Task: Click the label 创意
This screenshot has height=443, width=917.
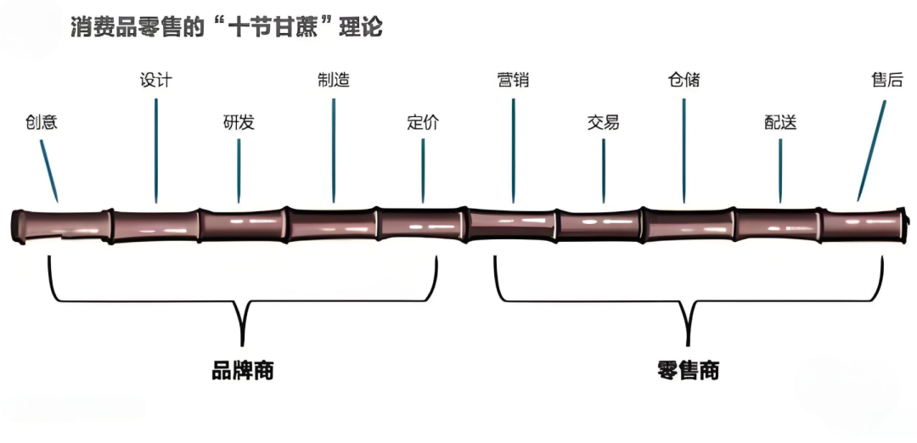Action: [41, 122]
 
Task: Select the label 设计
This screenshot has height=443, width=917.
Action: [155, 81]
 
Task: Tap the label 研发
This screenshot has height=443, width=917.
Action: [239, 122]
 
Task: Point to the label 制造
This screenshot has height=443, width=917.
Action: [333, 81]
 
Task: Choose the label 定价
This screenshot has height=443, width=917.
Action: [423, 122]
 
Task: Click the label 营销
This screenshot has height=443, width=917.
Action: [513, 81]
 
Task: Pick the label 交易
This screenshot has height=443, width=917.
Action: [603, 122]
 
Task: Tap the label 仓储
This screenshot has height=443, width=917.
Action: [684, 81]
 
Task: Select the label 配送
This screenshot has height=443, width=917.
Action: [780, 122]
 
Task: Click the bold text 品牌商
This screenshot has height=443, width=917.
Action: [243, 371]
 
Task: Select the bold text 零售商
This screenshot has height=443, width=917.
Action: [688, 371]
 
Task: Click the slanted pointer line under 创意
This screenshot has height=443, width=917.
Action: [49, 170]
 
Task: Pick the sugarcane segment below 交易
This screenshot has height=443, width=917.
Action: [599, 226]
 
